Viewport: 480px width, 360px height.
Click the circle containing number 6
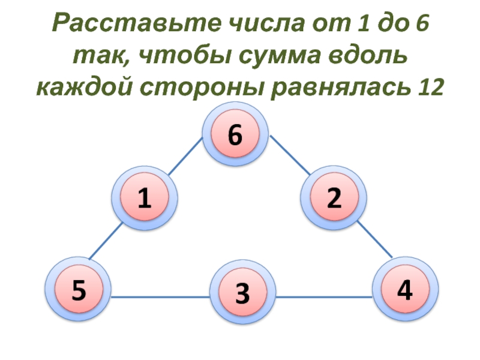(x=234, y=136)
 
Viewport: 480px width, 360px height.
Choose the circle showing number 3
(x=242, y=293)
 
